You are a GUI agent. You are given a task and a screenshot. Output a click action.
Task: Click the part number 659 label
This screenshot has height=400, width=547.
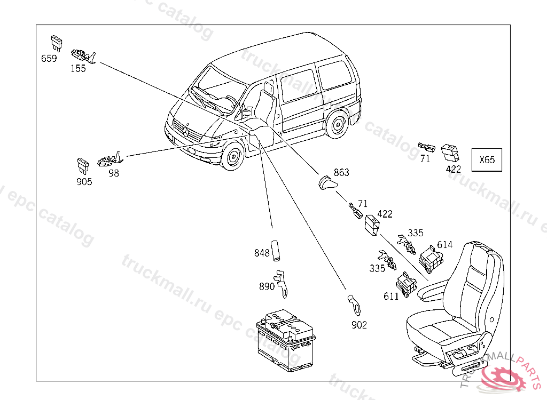[49, 59]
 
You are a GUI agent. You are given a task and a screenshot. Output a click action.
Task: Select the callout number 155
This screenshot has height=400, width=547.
[78, 69]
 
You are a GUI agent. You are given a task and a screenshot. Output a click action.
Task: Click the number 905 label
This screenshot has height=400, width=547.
[84, 182]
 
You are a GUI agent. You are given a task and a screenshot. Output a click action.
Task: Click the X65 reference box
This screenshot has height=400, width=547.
[487, 159]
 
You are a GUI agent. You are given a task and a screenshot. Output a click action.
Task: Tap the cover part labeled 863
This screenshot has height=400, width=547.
[327, 183]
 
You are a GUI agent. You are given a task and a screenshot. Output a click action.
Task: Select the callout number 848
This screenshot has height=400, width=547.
[262, 253]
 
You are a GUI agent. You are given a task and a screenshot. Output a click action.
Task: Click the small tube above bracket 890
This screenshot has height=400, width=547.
[277, 251]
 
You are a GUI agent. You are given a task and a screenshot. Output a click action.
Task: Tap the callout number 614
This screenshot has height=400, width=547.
[444, 245]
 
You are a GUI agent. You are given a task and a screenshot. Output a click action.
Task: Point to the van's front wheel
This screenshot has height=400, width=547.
[232, 157]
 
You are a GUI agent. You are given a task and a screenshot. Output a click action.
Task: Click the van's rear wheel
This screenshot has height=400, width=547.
[337, 125]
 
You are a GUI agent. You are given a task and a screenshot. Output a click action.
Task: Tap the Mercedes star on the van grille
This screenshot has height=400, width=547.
[186, 130]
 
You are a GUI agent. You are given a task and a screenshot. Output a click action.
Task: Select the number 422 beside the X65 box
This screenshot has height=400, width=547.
[453, 170]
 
